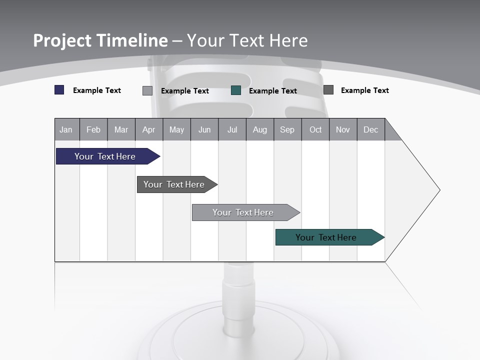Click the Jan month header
[x=66, y=129]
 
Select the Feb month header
[x=93, y=129]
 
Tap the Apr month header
[x=148, y=129]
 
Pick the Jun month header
[x=204, y=129]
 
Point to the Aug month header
[x=259, y=129]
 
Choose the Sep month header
[x=287, y=129]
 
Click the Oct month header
[x=315, y=129]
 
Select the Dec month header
[x=370, y=129]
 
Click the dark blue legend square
[x=59, y=90]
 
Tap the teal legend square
[x=236, y=90]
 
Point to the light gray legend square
[x=147, y=90]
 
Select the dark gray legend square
[x=328, y=90]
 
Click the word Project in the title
[x=62, y=40]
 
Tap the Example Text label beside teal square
[x=272, y=90]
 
